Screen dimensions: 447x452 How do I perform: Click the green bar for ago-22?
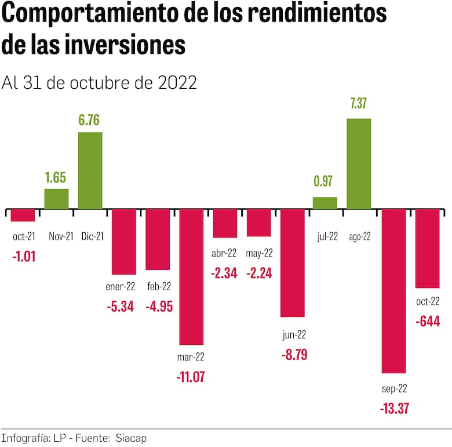(x=359, y=164)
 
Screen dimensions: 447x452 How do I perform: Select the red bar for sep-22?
(x=393, y=290)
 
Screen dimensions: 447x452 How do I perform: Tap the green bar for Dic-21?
(x=90, y=171)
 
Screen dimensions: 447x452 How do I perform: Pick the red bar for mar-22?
(x=191, y=276)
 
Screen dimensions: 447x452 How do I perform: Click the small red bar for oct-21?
(x=23, y=215)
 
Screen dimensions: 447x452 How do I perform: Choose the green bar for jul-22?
(x=325, y=203)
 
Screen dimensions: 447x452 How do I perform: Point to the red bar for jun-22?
(x=292, y=262)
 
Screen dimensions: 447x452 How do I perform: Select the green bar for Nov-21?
(x=56, y=199)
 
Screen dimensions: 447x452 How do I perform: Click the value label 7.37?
(x=359, y=104)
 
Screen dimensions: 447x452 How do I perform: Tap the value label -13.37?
(x=394, y=408)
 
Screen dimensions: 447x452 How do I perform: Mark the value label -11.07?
(x=191, y=377)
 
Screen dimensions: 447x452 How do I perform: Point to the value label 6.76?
(x=90, y=120)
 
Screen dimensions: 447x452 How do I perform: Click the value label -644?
(x=428, y=320)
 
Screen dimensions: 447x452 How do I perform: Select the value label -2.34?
(x=224, y=273)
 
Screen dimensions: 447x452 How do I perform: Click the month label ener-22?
(x=123, y=287)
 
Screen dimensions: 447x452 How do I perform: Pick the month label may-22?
(x=258, y=253)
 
